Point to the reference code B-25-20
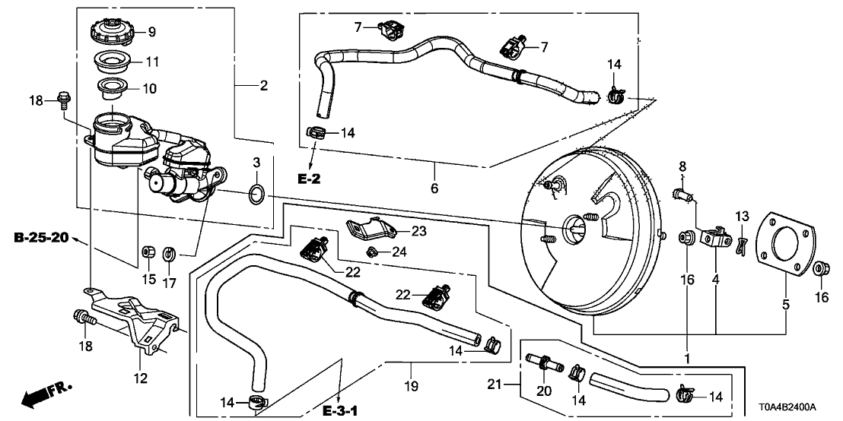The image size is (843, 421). (41, 239)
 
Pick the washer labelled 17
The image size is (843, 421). (170, 251)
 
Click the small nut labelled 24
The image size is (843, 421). (373, 250)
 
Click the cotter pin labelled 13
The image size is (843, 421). (741, 242)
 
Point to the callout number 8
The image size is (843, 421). (682, 166)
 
